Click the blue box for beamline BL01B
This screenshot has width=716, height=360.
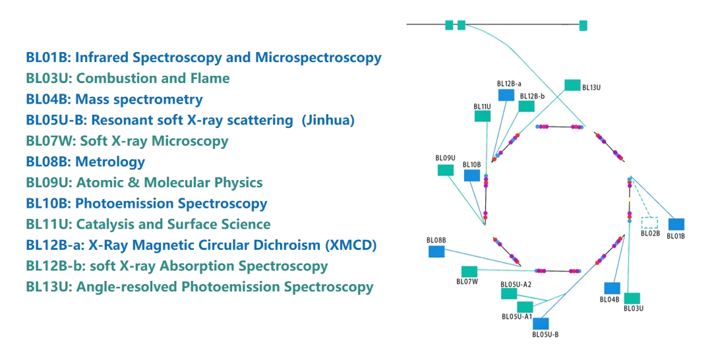point(676,224)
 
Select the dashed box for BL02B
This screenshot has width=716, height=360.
point(649,223)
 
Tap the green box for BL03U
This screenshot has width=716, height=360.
point(632,298)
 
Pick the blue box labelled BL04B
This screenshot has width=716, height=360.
point(612,288)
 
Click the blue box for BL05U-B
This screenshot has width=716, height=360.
point(541,323)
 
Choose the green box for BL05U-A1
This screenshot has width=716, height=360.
point(525,307)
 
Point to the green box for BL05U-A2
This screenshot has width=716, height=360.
point(509,293)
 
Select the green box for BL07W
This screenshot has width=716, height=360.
point(469,271)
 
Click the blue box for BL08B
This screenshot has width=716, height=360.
point(436,251)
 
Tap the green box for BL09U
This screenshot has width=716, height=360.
point(446,170)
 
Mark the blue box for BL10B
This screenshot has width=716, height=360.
point(471,175)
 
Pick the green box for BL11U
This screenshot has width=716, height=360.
point(483,116)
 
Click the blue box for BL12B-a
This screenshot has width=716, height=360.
point(506,95)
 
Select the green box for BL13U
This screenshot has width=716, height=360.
point(572,85)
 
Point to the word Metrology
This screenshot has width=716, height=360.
point(110,162)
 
